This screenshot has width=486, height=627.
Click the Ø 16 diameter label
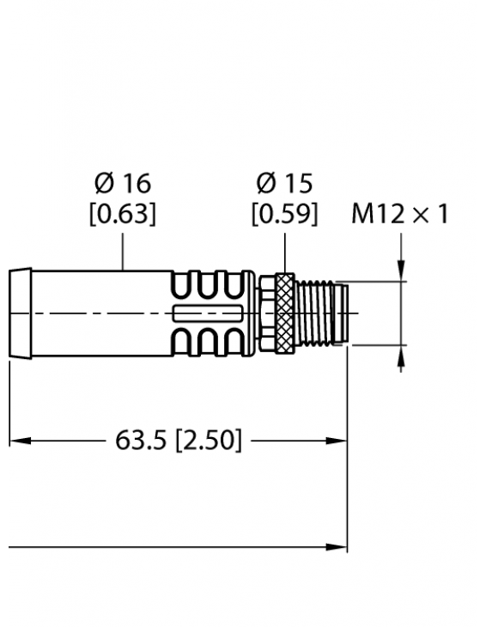point(123,183)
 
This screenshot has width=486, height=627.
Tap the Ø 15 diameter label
point(284,183)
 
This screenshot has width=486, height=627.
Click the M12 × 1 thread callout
point(399,214)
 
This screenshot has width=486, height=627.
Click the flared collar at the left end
point(20,313)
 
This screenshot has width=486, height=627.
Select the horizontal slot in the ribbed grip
point(207,313)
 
